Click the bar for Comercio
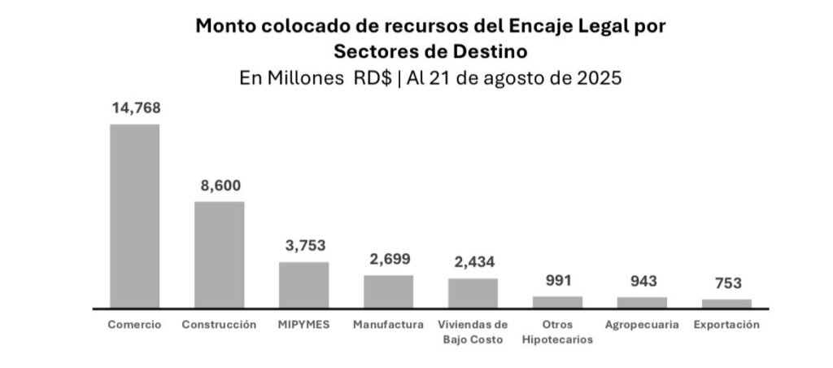(135, 216)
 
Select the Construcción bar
(220, 254)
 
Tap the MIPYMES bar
(303, 285)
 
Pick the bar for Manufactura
(388, 291)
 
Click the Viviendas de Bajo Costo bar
(473, 293)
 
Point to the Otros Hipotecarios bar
(557, 302)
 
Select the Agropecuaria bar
(642, 303)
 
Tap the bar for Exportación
(726, 304)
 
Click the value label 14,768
(135, 107)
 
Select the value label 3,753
(304, 245)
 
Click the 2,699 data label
(388, 259)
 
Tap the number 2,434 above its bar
(473, 262)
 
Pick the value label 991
(557, 280)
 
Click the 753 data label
(726, 283)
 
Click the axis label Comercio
(135, 324)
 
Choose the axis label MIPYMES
(304, 324)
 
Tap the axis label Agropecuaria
(642, 324)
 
